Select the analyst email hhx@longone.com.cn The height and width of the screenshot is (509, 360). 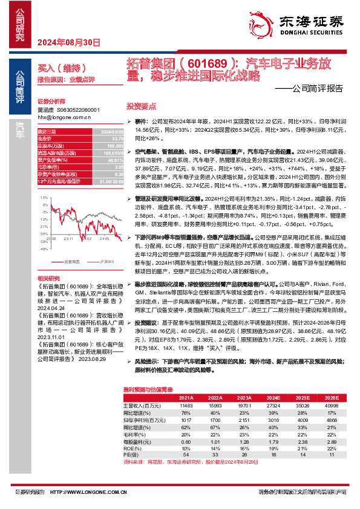tap(64, 117)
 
